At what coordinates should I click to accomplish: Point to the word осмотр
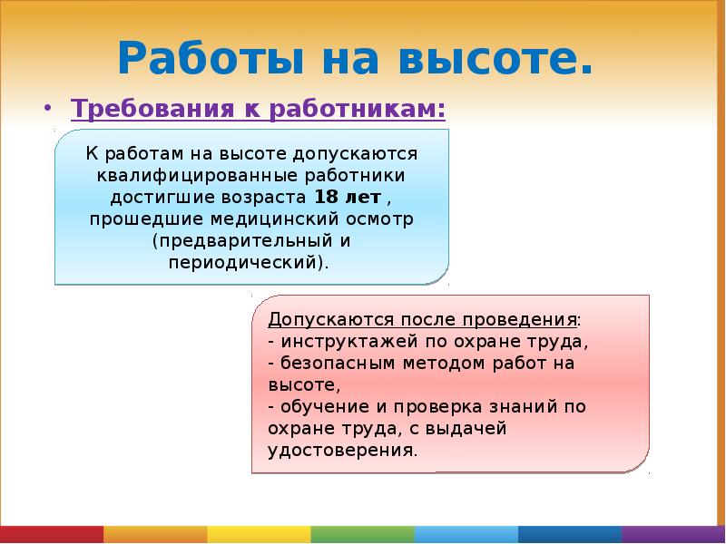pos(380,219)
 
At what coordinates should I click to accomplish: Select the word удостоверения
pos(341,451)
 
